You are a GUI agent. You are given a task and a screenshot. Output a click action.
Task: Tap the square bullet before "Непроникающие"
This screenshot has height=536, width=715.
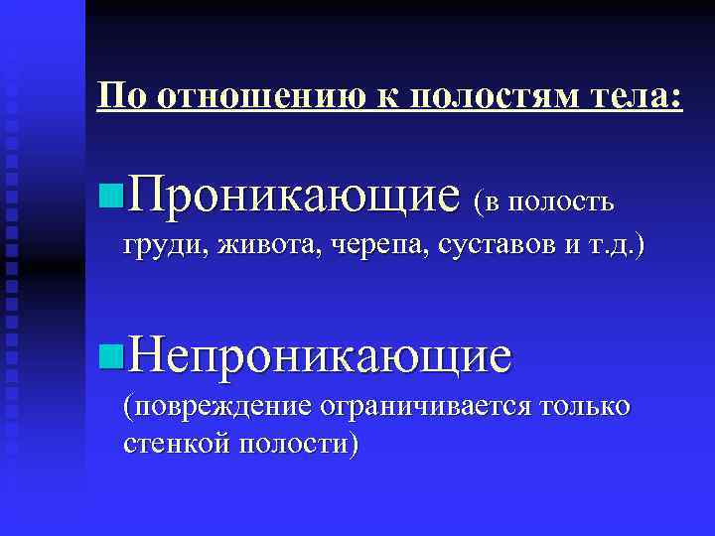(110, 354)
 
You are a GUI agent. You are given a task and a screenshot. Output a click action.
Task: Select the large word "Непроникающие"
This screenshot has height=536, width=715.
(317, 355)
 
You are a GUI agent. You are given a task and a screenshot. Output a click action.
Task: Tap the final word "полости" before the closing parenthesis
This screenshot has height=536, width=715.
(292, 443)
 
